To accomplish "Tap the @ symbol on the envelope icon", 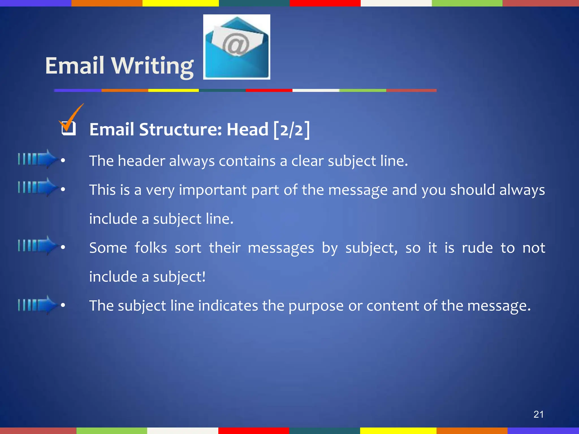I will tap(236, 44).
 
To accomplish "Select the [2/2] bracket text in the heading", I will tap(291, 129).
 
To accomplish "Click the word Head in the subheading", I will tap(247, 129).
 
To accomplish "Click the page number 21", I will tap(538, 414).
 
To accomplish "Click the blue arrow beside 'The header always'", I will tap(38, 159).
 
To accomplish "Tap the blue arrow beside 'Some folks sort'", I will tap(38, 245).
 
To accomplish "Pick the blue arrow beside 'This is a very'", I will tap(38, 187).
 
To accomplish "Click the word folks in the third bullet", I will tap(151, 248).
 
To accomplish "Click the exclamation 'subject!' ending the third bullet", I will tap(179, 277).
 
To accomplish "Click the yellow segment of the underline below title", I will tap(173, 90).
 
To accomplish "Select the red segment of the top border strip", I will tap(325, 3).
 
